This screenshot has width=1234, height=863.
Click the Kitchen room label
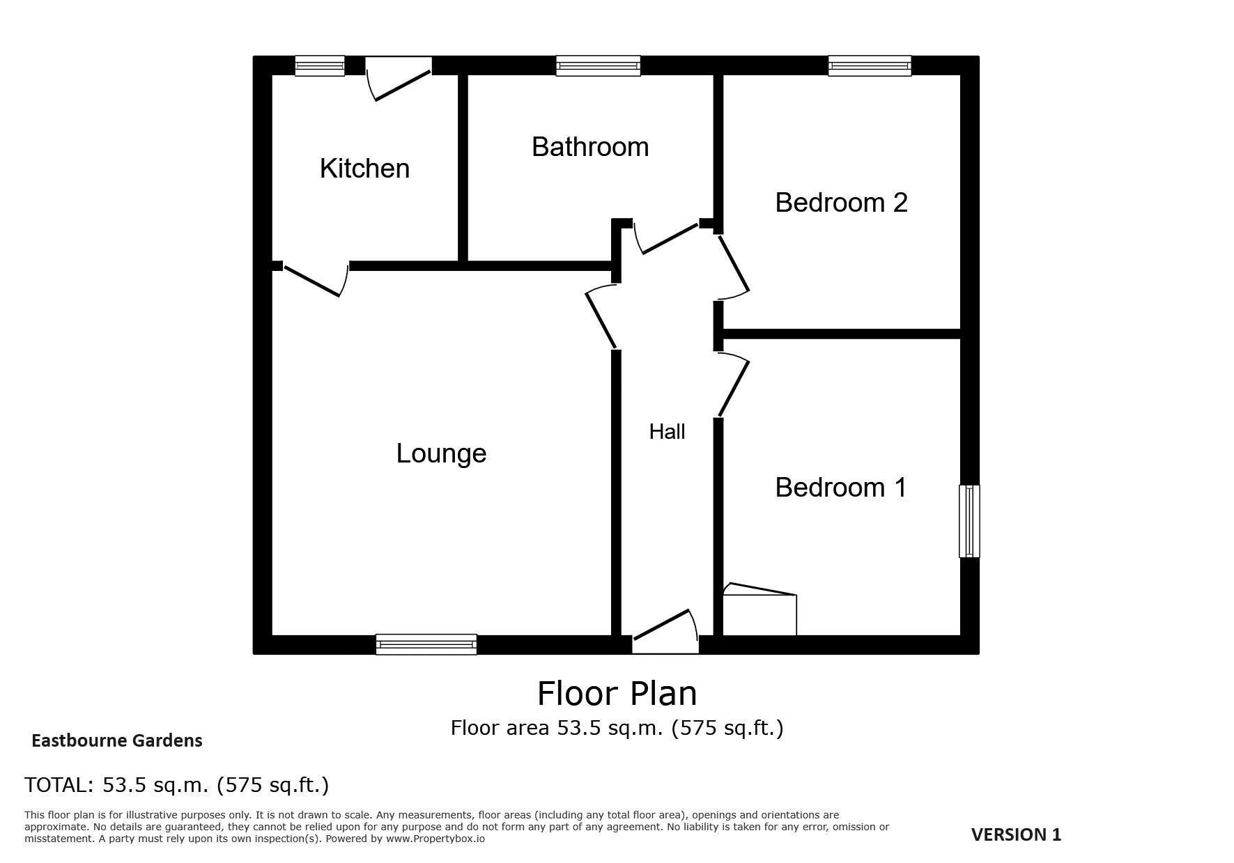tap(364, 169)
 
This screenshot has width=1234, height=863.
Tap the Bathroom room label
tap(590, 147)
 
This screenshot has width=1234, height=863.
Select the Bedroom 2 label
tap(841, 203)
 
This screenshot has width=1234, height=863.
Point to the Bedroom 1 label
tap(841, 488)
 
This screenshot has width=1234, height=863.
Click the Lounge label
tap(441, 453)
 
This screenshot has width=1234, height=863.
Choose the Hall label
tap(667, 432)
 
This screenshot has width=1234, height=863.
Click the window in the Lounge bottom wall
tap(426, 644)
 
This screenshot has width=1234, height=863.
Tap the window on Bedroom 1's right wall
tap(969, 521)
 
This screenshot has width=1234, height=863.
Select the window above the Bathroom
tap(598, 65)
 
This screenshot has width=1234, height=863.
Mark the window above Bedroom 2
tap(870, 65)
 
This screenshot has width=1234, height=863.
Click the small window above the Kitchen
tap(320, 65)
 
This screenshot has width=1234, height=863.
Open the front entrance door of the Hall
tap(665, 632)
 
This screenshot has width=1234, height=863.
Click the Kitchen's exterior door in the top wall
tap(399, 78)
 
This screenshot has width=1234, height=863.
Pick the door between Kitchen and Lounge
tap(314, 279)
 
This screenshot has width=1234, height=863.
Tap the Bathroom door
tap(668, 237)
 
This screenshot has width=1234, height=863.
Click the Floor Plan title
tap(617, 694)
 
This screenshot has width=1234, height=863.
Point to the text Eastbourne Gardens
tap(117, 741)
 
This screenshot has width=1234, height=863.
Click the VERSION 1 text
tap(1016, 834)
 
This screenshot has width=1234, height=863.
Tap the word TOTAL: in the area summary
tap(59, 785)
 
